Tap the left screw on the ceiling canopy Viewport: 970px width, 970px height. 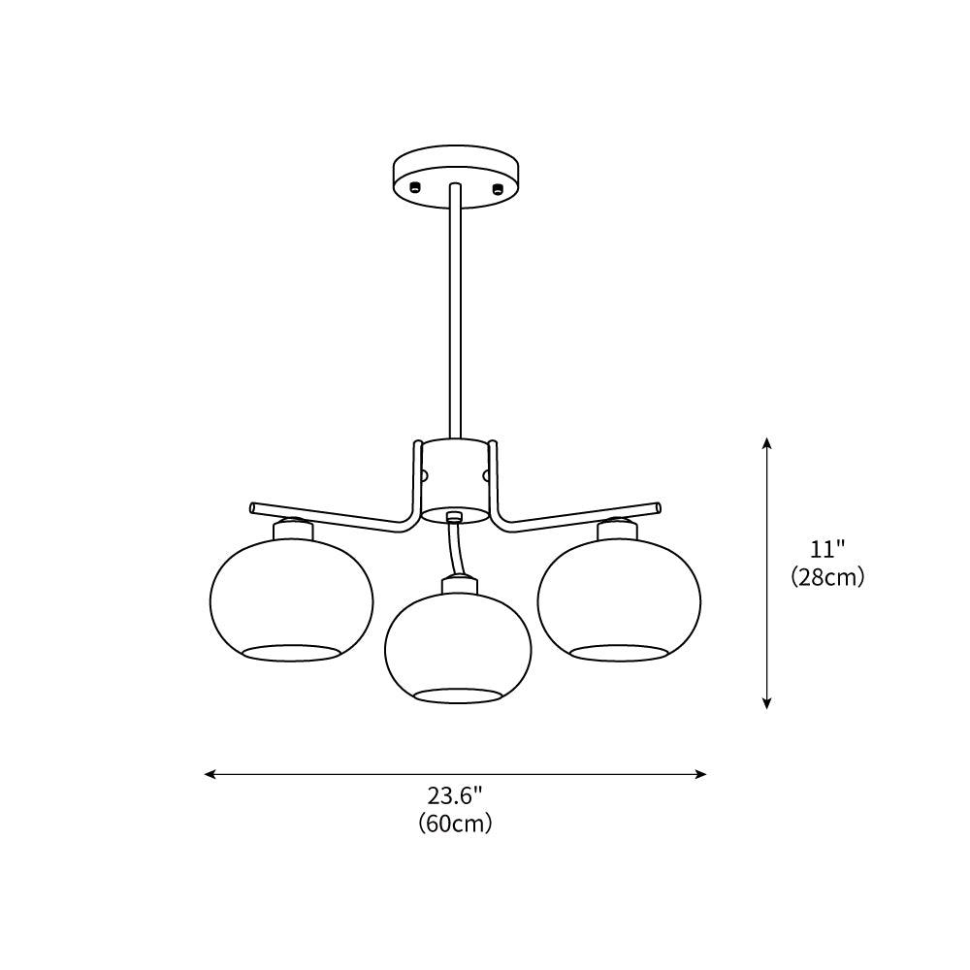[x=414, y=186]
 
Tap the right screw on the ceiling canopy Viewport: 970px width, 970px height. [x=497, y=186]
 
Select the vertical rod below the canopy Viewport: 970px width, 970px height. [x=455, y=310]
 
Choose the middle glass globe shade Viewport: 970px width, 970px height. [x=458, y=645]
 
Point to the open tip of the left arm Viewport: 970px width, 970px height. [x=253, y=506]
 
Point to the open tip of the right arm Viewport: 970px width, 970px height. [x=659, y=506]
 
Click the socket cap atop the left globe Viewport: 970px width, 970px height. [x=292, y=530]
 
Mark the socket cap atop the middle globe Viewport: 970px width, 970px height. [x=458, y=585]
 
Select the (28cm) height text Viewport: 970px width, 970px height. [x=827, y=577]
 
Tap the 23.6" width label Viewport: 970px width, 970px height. [x=455, y=796]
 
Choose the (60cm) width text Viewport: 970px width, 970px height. [x=455, y=824]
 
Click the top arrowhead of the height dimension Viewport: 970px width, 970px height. [x=766, y=443]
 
